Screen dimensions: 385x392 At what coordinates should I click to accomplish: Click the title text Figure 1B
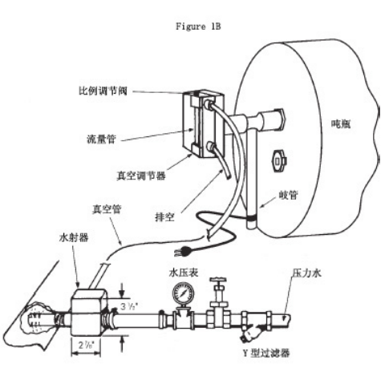point(198,26)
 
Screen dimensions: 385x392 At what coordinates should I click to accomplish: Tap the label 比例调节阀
point(103,91)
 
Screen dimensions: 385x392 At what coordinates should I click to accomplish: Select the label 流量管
point(101,139)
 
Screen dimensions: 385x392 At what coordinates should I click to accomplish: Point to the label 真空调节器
point(141,176)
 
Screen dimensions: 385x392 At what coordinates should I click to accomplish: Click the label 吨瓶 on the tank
point(341,123)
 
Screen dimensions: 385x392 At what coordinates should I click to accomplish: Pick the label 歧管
point(288,195)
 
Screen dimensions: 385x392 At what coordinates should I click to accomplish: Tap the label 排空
point(164,216)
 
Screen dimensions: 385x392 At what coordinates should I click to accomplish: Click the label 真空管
point(107,209)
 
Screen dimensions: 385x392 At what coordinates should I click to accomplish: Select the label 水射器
point(74,237)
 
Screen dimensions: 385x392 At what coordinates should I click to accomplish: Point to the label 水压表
point(184,273)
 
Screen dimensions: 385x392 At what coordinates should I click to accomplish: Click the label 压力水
point(306,273)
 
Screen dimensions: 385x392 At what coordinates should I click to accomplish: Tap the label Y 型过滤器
point(266,354)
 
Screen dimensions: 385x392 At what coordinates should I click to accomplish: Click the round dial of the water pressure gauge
point(183,294)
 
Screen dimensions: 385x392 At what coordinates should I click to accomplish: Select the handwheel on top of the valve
point(218,280)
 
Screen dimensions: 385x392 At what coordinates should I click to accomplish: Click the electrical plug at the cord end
point(184,251)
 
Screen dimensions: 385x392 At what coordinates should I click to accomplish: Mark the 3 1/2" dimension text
point(128,306)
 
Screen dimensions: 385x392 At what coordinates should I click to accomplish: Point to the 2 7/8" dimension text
point(86,345)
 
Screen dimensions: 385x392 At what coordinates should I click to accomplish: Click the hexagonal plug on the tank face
point(279,161)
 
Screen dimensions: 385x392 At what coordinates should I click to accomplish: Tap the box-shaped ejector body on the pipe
point(88,313)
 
